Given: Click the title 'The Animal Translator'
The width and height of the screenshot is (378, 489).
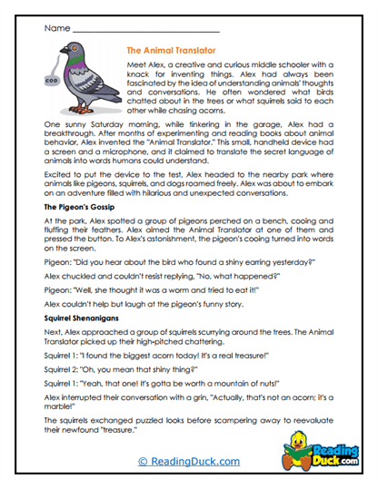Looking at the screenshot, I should pyautogui.click(x=171, y=52).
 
